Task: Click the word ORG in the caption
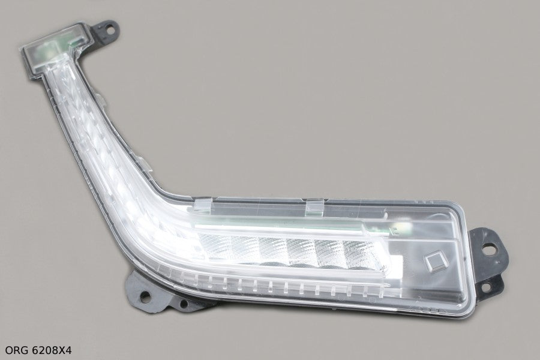16,350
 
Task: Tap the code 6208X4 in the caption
52,350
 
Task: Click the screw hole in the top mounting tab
110,29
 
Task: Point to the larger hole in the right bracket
489,249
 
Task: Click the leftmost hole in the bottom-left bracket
145,296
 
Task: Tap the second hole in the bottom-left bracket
184,304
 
